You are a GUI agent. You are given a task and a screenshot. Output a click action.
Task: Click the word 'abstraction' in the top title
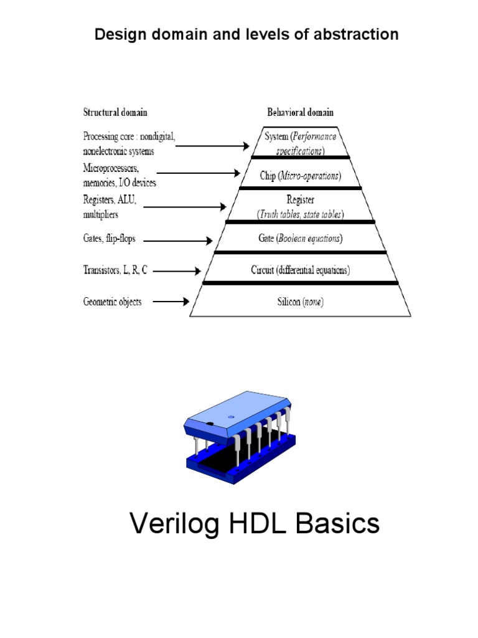(x=357, y=34)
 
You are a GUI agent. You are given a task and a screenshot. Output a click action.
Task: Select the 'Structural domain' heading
(x=115, y=113)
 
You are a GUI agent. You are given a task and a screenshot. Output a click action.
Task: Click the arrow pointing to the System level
(x=212, y=146)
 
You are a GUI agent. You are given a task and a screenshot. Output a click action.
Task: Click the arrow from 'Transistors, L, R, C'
(x=177, y=271)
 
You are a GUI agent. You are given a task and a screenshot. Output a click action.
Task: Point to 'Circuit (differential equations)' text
(x=300, y=270)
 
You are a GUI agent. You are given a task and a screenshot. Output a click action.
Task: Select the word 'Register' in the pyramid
(x=300, y=200)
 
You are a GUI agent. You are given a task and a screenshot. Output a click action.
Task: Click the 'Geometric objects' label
(x=112, y=302)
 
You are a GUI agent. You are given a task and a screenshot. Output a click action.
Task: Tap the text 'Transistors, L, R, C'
(x=115, y=270)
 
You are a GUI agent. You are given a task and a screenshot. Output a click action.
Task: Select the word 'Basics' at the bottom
(x=337, y=524)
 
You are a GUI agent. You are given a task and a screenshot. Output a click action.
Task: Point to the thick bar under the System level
(x=300, y=158)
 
